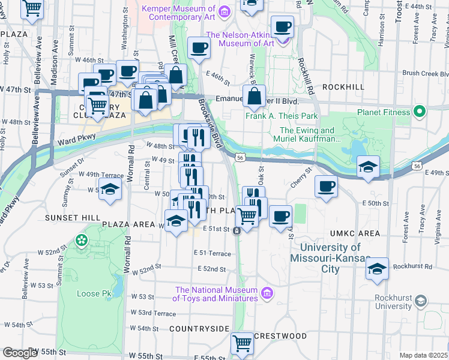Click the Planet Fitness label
point(381,112)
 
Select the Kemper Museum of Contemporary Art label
point(178,13)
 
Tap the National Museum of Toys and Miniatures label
point(216,293)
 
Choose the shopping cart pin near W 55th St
point(242,344)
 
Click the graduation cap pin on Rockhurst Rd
point(378,268)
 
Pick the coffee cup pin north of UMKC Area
point(326,187)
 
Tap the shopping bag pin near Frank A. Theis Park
point(255,96)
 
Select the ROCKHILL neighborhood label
point(343,87)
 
